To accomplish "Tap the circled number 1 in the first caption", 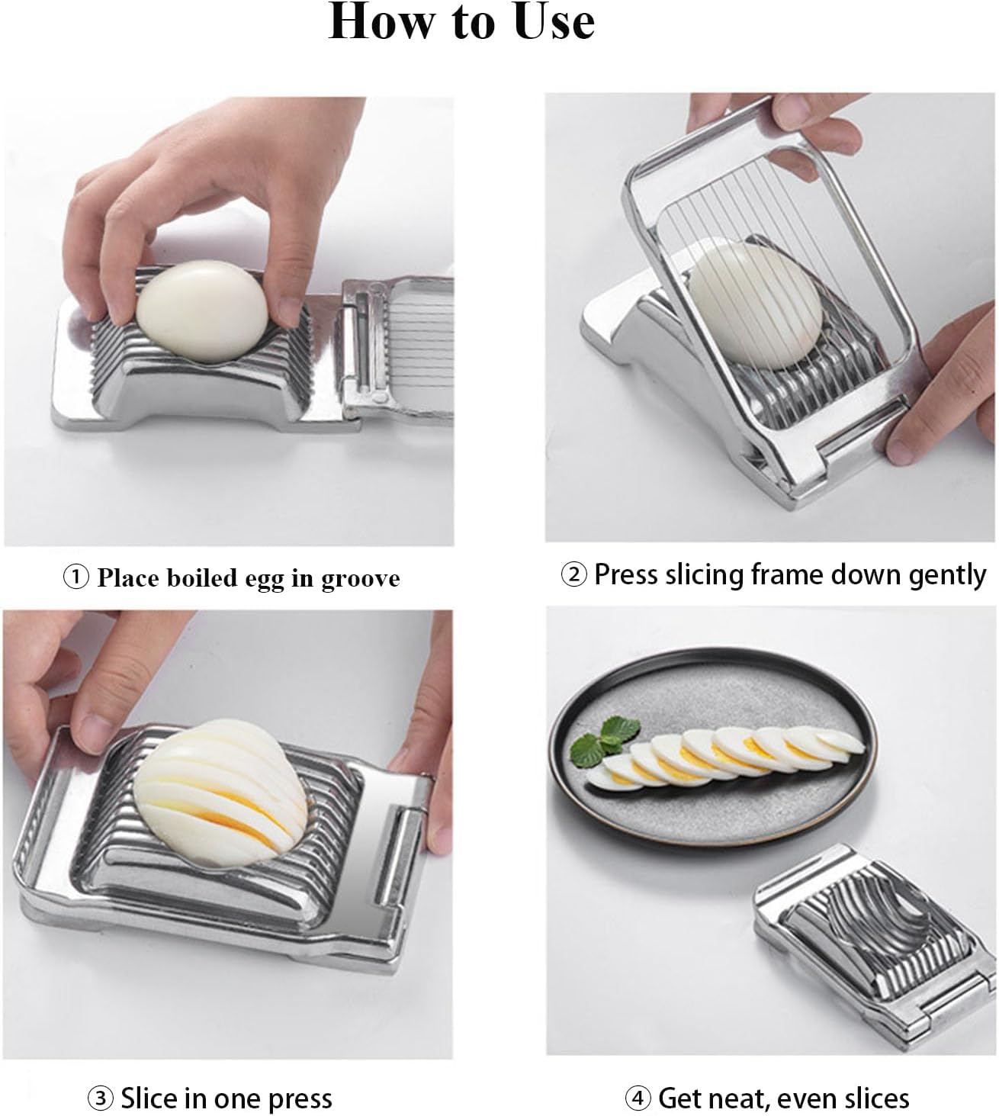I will tap(76, 577).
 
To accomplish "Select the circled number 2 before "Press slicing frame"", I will tap(573, 574).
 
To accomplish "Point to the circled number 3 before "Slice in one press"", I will tap(101, 1098).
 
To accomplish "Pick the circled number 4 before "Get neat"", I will tap(638, 1098).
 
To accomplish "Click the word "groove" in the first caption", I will tap(360, 579).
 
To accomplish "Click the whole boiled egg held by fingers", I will tap(203, 309).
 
